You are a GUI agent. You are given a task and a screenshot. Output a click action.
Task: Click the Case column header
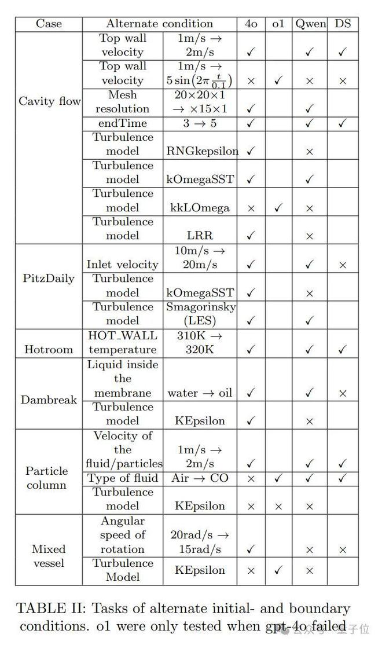pyautogui.click(x=49, y=24)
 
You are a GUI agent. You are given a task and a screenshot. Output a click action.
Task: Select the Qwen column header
pyautogui.click(x=310, y=24)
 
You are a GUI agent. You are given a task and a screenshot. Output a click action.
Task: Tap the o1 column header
pyautogui.click(x=278, y=24)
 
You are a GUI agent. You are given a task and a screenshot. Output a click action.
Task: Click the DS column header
pyautogui.click(x=343, y=24)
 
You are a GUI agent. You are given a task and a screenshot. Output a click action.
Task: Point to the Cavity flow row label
pyautogui.click(x=49, y=101)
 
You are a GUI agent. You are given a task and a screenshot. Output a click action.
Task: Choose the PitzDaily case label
pyautogui.click(x=49, y=278)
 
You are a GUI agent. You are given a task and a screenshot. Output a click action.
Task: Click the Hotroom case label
pyautogui.click(x=49, y=349)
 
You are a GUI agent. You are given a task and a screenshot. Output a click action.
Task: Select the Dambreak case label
pyautogui.click(x=49, y=400)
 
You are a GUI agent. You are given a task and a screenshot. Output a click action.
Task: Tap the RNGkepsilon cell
pyautogui.click(x=202, y=151)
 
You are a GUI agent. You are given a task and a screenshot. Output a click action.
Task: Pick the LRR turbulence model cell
pyautogui.click(x=200, y=236)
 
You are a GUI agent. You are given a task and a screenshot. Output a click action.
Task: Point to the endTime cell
pyautogui.click(x=123, y=123)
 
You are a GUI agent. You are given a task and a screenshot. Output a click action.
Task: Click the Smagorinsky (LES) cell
pyautogui.click(x=200, y=313)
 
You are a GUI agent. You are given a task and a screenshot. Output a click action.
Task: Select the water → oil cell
pyautogui.click(x=200, y=393)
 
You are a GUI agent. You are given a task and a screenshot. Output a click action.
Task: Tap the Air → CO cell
pyautogui.click(x=200, y=478)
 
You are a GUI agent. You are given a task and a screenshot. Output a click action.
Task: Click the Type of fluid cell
pyautogui.click(x=123, y=478)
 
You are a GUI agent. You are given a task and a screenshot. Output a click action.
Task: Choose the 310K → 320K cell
pyautogui.click(x=200, y=342)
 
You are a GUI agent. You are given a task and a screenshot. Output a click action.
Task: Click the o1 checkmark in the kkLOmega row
pyautogui.click(x=278, y=208)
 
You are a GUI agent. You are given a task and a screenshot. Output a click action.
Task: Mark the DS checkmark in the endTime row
pyautogui.click(x=343, y=123)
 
